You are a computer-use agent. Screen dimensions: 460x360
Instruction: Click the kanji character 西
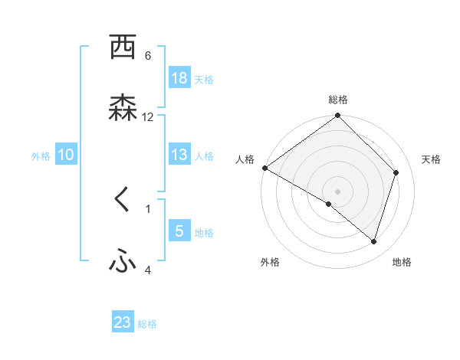(123, 47)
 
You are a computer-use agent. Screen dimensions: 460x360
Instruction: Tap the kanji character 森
(123, 108)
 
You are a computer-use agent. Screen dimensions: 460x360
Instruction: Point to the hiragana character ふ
(123, 262)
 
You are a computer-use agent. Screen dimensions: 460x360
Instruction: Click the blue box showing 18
(179, 78)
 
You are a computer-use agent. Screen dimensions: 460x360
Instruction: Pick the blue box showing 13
(179, 155)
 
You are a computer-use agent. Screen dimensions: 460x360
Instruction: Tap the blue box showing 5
(179, 231)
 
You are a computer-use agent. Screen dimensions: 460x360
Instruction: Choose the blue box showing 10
(66, 155)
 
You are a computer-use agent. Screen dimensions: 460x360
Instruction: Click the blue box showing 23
(123, 323)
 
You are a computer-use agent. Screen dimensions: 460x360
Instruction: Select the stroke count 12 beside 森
(148, 116)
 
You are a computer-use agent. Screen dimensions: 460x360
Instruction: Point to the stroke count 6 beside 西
(148, 55)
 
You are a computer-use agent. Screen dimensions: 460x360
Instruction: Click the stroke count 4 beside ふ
(148, 270)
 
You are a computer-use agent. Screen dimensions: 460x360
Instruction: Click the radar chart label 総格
(338, 100)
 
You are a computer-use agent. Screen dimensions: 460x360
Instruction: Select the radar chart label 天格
(432, 159)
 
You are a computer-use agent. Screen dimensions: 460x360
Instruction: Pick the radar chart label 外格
(270, 263)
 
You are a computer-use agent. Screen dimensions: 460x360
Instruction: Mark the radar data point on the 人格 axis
(264, 168)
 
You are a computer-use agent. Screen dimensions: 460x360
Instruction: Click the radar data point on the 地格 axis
(374, 241)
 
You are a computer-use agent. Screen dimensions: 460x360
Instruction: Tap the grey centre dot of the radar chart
(338, 191)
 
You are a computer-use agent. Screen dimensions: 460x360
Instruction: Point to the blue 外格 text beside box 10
(41, 155)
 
